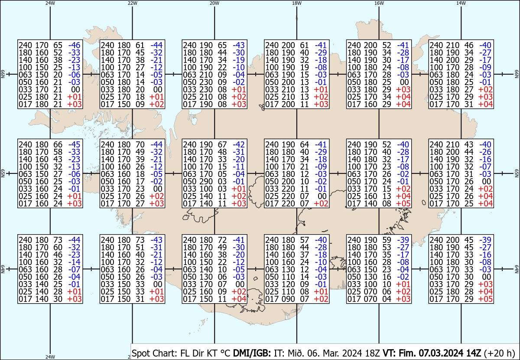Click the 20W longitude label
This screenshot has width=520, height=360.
pos(214,3)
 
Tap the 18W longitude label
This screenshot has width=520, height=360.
pos(296,3)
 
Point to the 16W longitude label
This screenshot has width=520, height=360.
pos(379,3)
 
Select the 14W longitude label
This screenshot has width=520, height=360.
pos(461,3)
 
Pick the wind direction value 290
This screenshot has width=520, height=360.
pos(205,181)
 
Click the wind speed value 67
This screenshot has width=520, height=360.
pos(222,144)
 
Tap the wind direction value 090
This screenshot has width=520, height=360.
pos(288,299)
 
